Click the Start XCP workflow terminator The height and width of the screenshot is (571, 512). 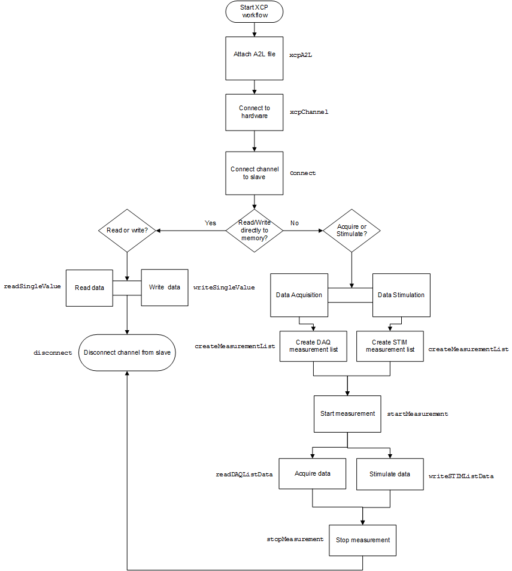pyautogui.click(x=255, y=11)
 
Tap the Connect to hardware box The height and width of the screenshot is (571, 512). pyautogui.click(x=255, y=112)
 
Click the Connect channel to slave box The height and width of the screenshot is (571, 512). pyautogui.click(x=255, y=173)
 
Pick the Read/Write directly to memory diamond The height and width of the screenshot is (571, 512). pyautogui.click(x=255, y=230)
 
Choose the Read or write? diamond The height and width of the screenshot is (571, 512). pyautogui.click(x=127, y=231)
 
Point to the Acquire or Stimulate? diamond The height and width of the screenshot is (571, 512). pyautogui.click(x=352, y=230)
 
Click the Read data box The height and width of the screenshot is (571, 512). pyautogui.click(x=89, y=288)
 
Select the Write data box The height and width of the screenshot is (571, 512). pyautogui.click(x=165, y=287)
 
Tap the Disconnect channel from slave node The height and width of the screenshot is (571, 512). pyautogui.click(x=127, y=352)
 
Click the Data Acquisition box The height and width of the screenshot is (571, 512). pyautogui.click(x=299, y=295)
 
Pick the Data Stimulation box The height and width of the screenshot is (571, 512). pyautogui.click(x=401, y=295)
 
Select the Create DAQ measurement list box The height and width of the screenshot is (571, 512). pyautogui.click(x=313, y=346)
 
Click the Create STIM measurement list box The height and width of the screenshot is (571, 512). pyautogui.click(x=390, y=346)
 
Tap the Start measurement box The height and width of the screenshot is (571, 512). pyautogui.click(x=347, y=413)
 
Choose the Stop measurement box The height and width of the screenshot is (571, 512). pyautogui.click(x=363, y=540)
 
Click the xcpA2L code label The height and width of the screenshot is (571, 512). pyautogui.click(x=301, y=55)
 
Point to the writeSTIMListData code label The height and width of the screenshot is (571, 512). pyautogui.click(x=461, y=476)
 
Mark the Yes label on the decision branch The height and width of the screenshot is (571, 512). pyautogui.click(x=210, y=223)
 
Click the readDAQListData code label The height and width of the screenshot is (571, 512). pyautogui.click(x=244, y=474)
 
